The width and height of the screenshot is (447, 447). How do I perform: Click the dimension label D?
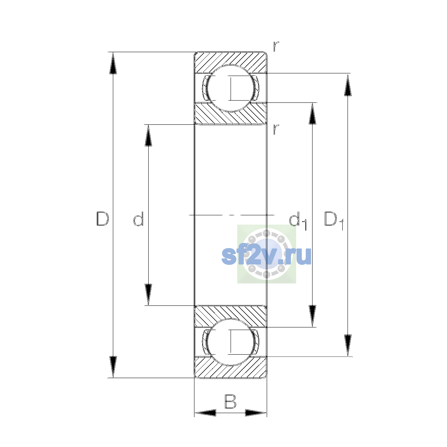point(102,219)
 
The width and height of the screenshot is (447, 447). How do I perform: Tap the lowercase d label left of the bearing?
point(139,219)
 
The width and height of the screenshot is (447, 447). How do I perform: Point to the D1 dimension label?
point(333,221)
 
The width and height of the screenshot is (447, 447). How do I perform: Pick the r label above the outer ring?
point(276,47)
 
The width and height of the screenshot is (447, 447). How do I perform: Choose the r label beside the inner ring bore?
point(276,129)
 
